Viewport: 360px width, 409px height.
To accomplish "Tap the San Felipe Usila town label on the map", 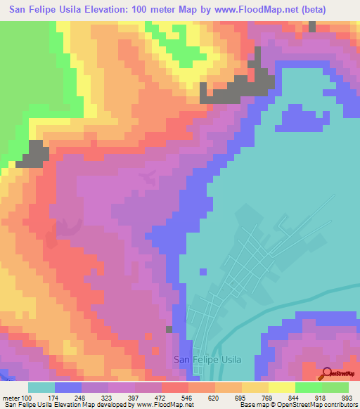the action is [x=207, y=360].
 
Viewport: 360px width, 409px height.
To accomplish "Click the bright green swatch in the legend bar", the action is [x=309, y=388].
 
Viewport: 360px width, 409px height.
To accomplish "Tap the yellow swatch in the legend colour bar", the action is [x=282, y=388].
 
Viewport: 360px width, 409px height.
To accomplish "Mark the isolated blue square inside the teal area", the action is [x=203, y=271].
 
